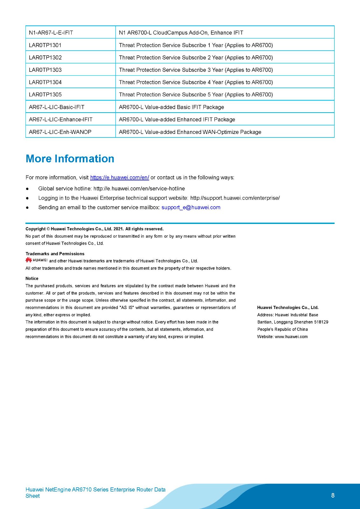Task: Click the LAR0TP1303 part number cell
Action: click(x=45, y=70)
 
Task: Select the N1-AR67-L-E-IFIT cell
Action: click(x=51, y=32)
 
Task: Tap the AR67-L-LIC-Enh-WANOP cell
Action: click(x=60, y=132)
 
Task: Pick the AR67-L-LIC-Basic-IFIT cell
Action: click(x=57, y=107)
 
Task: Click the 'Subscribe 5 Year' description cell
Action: click(x=196, y=94)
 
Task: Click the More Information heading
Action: click(x=70, y=158)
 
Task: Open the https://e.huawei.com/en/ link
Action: click(x=119, y=178)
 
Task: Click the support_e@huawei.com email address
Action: click(x=191, y=207)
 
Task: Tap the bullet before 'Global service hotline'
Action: click(x=27, y=189)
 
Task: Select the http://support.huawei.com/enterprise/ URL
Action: click(x=235, y=198)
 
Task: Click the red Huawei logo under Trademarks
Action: click(x=29, y=260)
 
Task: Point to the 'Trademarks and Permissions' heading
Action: click(x=55, y=254)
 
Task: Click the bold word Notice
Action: click(x=32, y=278)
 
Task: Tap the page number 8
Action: click(x=333, y=495)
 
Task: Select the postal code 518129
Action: click(x=321, y=322)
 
